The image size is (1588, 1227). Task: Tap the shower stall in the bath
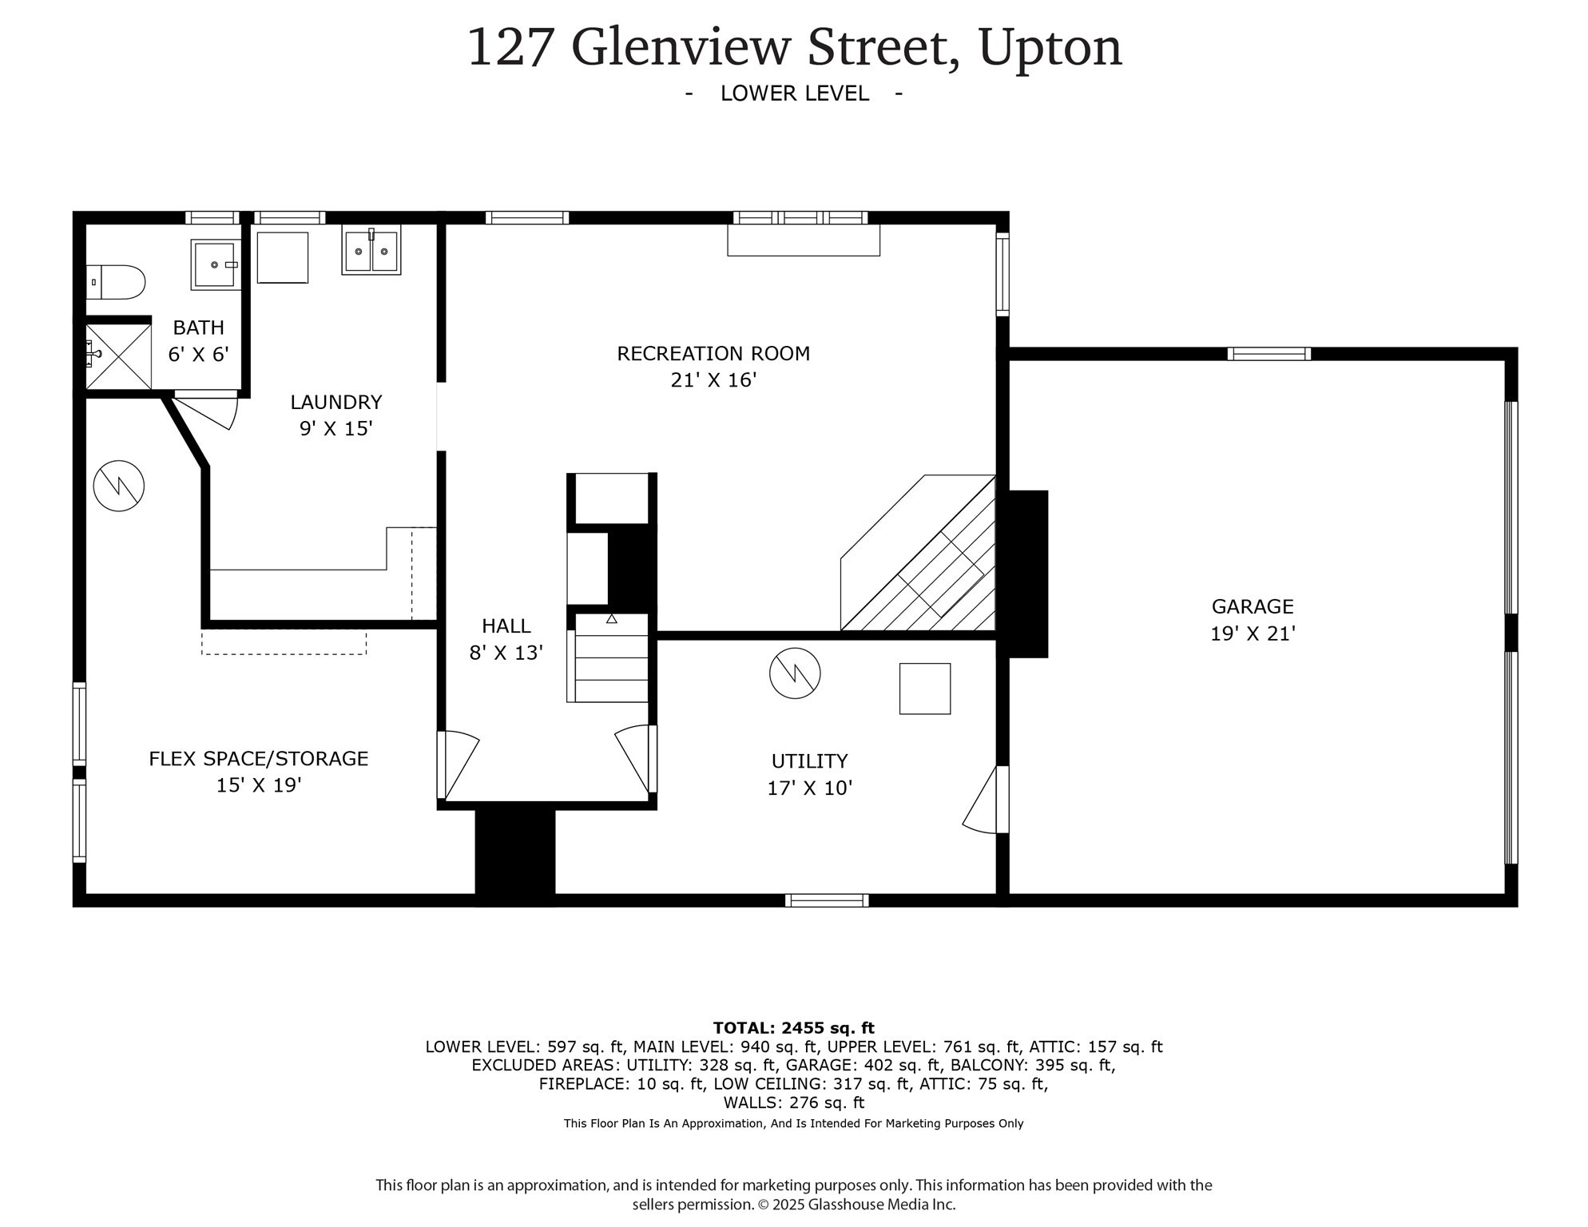pos(118,356)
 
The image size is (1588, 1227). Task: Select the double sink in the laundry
pos(371,251)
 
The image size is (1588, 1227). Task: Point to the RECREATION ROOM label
pos(713,354)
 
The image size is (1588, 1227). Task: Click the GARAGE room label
pos(1252,607)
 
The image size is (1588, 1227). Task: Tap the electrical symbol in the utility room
pos(795,673)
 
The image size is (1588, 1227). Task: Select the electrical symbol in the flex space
pos(118,486)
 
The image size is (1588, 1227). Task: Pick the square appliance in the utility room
pos(924,689)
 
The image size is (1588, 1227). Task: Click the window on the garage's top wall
pos(1268,354)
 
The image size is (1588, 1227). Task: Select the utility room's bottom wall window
pos(826,900)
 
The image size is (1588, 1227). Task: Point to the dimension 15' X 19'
pos(258,785)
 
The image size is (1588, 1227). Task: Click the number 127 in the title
pos(510,48)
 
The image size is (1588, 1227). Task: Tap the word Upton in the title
pos(1050,48)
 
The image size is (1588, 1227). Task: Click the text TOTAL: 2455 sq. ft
pos(793,1028)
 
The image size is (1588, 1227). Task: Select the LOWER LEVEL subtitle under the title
pos(794,93)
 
